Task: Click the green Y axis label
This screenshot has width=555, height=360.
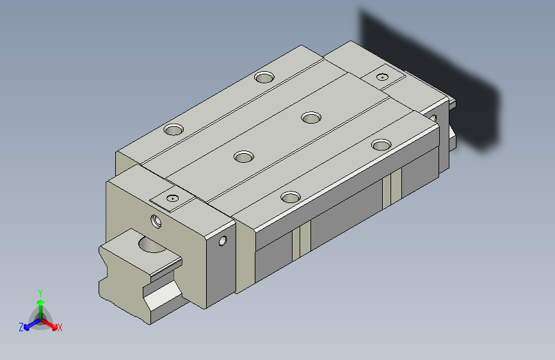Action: [x=40, y=293]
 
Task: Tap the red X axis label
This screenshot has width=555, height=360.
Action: [x=60, y=328]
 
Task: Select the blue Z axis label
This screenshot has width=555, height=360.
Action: [x=21, y=327]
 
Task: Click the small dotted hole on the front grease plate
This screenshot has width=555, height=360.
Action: [x=172, y=199]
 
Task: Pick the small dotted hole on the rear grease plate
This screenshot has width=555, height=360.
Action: [x=382, y=77]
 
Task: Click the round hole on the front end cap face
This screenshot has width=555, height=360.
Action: [x=156, y=222]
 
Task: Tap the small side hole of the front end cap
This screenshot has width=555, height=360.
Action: [x=223, y=241]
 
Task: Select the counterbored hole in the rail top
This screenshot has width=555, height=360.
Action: [x=152, y=245]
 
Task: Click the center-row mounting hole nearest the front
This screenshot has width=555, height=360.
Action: [x=244, y=156]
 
